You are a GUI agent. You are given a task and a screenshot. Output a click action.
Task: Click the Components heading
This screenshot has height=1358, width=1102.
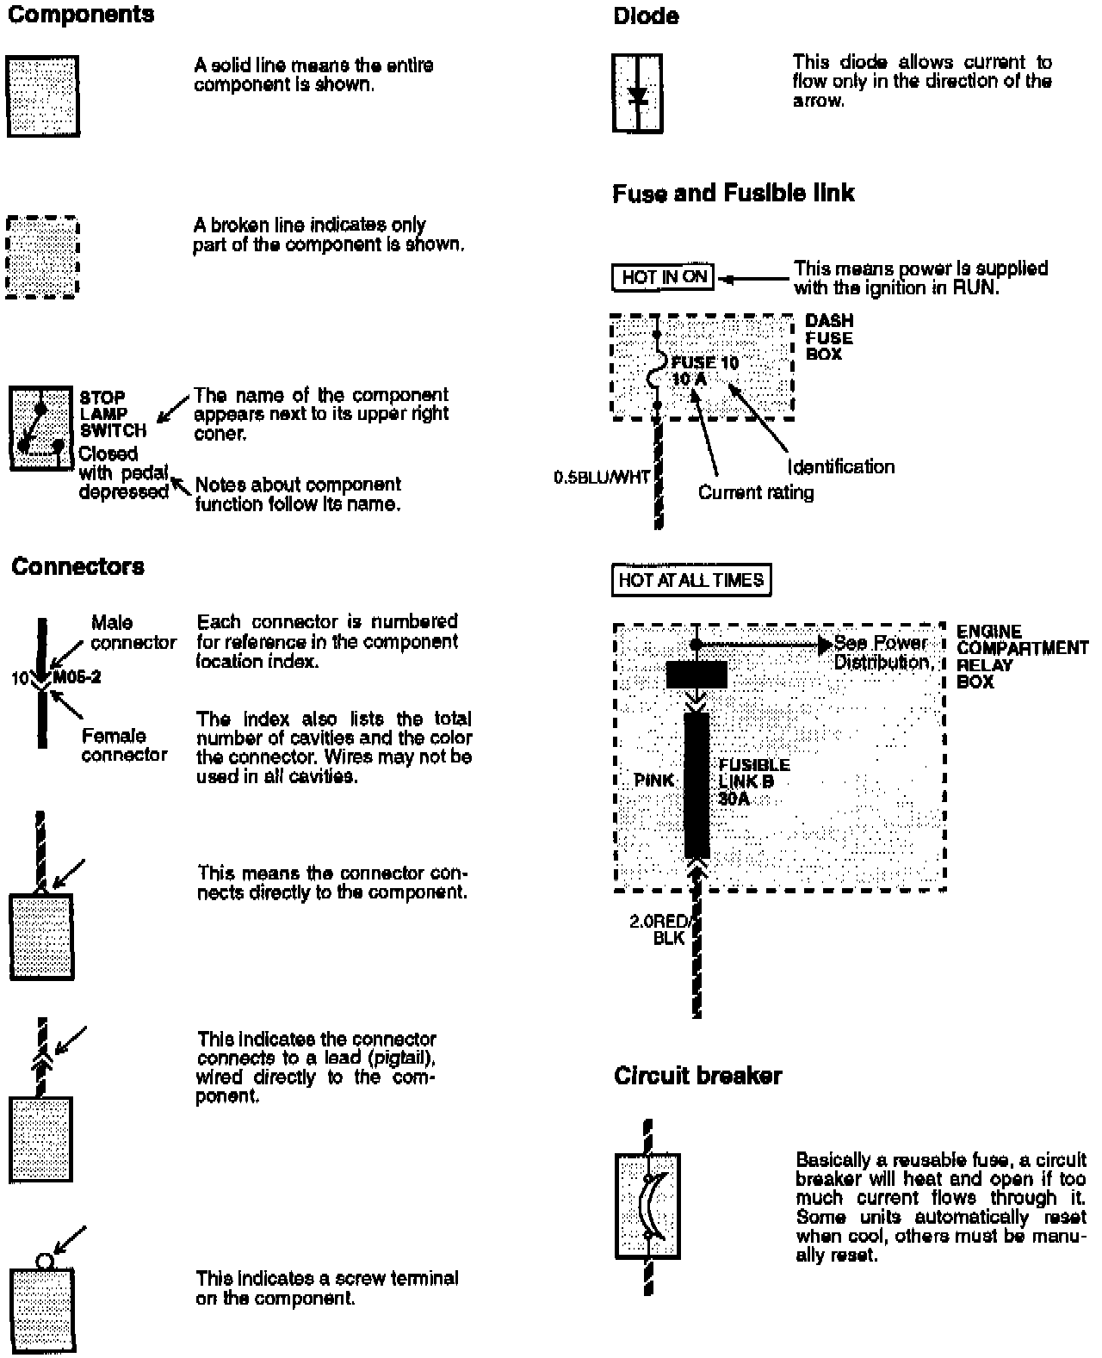(x=81, y=15)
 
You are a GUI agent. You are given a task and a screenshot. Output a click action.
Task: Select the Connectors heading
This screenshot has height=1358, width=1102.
(x=77, y=566)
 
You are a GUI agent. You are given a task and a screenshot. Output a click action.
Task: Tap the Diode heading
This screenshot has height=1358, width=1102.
(x=646, y=15)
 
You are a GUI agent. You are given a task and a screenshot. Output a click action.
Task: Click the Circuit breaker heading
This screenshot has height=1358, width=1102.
(x=697, y=1076)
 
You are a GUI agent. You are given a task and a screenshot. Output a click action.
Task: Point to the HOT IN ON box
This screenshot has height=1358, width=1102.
(x=664, y=277)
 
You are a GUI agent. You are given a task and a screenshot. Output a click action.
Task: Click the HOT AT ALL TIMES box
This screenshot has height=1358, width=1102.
(x=690, y=580)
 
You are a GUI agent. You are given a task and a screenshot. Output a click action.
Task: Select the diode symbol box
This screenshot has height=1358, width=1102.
(x=638, y=93)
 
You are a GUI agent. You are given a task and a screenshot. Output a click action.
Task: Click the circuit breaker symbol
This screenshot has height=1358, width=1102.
(x=648, y=1205)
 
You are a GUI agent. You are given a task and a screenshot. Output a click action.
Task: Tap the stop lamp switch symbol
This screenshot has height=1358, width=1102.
(x=40, y=429)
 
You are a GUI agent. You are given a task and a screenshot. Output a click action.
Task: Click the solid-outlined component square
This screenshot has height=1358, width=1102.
(x=43, y=96)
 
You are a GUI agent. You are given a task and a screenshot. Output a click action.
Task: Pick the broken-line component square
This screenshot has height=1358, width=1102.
(x=42, y=256)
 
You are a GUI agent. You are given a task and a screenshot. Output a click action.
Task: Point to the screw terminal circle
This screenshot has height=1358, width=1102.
(x=45, y=1262)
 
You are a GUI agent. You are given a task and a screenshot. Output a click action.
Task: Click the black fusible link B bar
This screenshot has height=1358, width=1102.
(x=697, y=784)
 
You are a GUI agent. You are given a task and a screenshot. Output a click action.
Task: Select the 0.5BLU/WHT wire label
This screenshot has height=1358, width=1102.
(x=602, y=477)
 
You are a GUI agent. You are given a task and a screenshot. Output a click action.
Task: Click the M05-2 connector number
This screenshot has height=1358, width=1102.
(x=77, y=677)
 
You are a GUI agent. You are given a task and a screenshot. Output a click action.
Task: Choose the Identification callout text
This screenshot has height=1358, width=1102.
(x=841, y=466)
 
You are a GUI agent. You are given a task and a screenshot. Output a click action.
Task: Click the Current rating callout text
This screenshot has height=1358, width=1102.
(x=755, y=492)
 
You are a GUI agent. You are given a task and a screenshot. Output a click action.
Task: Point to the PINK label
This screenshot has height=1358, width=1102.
(x=654, y=781)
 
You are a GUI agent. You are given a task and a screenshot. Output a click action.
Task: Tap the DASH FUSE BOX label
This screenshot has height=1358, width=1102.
(x=829, y=337)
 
